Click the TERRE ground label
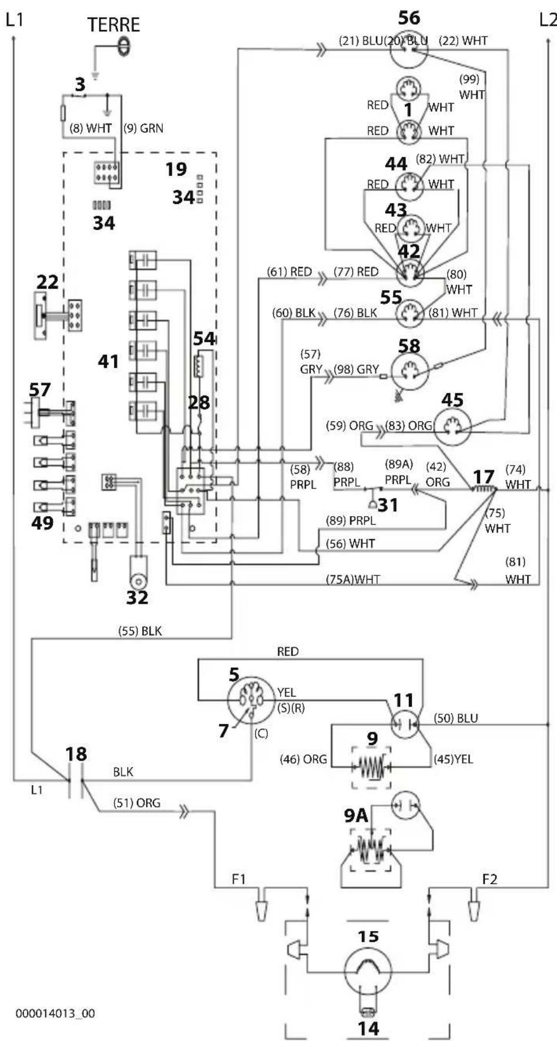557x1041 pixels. (x=113, y=25)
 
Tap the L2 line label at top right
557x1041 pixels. (x=548, y=21)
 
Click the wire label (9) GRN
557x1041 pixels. (x=143, y=128)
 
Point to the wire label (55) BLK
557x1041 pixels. (x=140, y=631)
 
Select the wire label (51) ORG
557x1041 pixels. (x=138, y=803)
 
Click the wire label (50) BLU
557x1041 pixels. (x=456, y=718)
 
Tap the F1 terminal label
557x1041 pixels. (x=239, y=879)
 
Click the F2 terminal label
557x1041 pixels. (x=489, y=879)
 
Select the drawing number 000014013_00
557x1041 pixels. (x=55, y=1013)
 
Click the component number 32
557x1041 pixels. (x=137, y=597)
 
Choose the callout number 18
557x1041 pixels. (x=76, y=754)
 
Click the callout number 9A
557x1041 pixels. (x=356, y=815)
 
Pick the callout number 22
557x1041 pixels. (x=47, y=282)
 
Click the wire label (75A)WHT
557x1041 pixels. (x=353, y=580)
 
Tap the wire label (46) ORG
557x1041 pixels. (x=303, y=759)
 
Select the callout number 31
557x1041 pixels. (x=388, y=504)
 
